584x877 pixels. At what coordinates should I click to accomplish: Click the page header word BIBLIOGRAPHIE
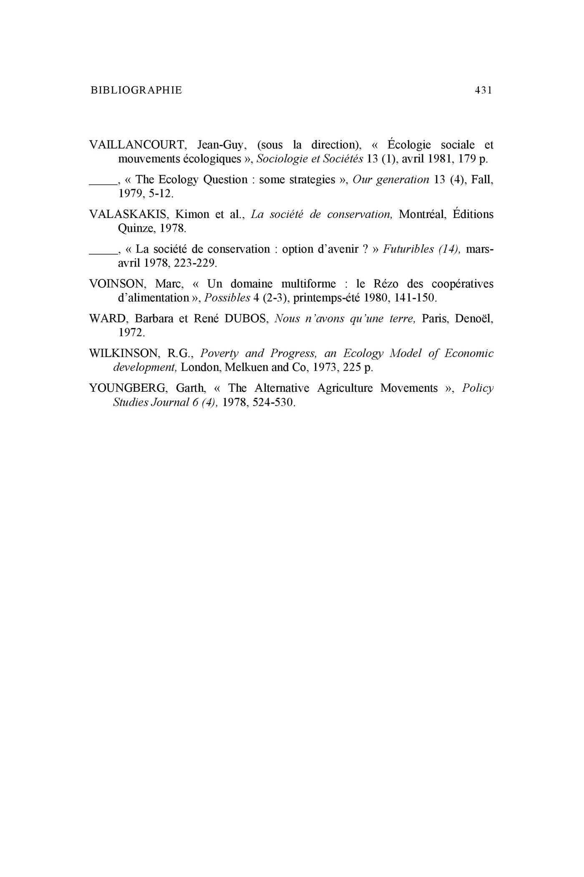(x=136, y=90)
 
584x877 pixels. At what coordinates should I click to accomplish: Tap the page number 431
(x=483, y=90)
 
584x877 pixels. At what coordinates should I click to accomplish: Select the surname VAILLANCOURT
(x=137, y=145)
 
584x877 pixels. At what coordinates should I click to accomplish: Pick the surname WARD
(x=107, y=319)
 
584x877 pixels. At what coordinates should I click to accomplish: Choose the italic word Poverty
(x=219, y=354)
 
